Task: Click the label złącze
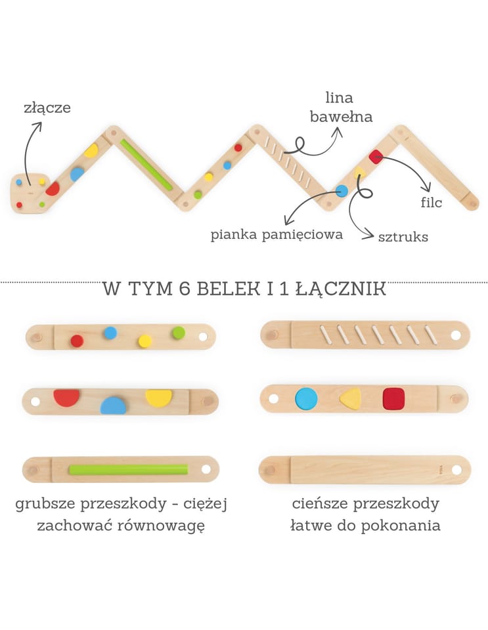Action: coord(46,108)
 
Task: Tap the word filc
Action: coord(432,203)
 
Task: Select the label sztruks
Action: coord(403,236)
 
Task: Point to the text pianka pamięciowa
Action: coord(277,235)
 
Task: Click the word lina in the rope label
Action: coord(339,98)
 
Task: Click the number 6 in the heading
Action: coord(184,289)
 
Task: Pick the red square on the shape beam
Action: coord(393,398)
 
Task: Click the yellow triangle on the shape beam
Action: coord(350,398)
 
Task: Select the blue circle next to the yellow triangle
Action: coord(306,398)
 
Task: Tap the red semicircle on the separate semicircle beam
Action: coord(66,396)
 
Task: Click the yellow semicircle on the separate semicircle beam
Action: coord(158,396)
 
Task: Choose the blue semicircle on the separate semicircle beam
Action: coord(114,406)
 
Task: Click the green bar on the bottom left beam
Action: coord(128,469)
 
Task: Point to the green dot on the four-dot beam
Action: coord(179,333)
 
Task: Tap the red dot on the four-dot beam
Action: coord(77,341)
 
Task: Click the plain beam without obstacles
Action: coord(365,470)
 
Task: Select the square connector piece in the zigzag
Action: coord(30,192)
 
